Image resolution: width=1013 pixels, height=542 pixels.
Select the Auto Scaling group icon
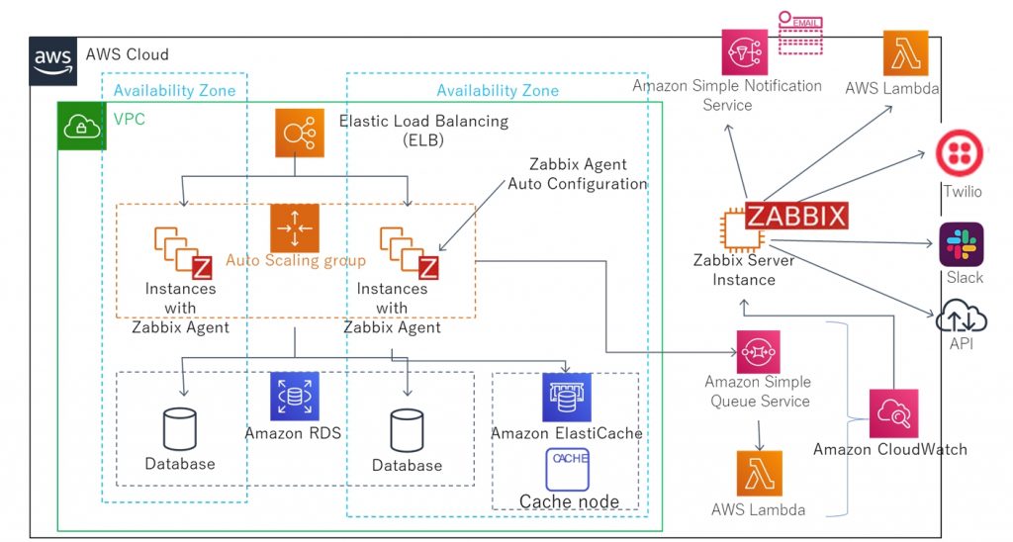[x=295, y=227]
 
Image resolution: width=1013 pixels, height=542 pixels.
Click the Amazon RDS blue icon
[x=294, y=397]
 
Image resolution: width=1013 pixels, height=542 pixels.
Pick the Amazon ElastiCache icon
[x=566, y=398]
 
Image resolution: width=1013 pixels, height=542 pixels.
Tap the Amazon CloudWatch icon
[x=893, y=413]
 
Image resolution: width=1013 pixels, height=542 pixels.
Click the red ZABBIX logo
[x=796, y=215]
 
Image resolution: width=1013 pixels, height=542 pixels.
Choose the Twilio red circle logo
[x=959, y=155]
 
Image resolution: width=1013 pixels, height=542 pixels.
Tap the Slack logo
[x=961, y=244]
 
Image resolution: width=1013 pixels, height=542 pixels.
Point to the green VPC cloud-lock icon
[x=78, y=126]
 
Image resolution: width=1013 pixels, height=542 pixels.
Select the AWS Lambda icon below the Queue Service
[x=759, y=474]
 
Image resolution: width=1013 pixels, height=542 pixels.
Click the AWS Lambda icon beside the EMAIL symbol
[x=905, y=53]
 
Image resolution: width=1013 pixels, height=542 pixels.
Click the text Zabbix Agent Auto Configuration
[x=577, y=174]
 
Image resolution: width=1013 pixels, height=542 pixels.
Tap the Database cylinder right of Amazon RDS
[x=407, y=431]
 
